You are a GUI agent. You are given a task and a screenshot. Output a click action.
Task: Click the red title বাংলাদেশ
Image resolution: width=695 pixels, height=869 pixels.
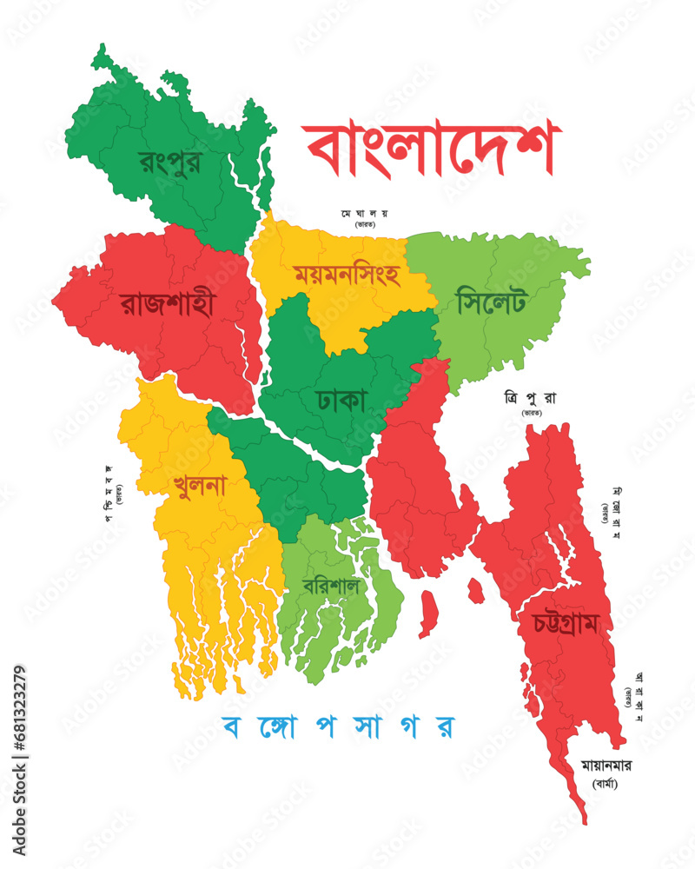coord(432,149)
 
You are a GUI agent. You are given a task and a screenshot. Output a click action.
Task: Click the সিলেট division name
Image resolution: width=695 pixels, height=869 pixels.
coord(491,303)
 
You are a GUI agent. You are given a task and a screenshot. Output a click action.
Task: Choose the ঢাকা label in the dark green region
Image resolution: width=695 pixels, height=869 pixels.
coord(343,401)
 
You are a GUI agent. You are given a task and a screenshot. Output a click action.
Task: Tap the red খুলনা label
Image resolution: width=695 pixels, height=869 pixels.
coord(199,484)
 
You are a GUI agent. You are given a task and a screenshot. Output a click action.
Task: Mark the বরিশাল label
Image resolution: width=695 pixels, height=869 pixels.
coord(331,585)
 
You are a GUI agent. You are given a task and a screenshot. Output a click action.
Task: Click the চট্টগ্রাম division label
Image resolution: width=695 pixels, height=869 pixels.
coord(566,625)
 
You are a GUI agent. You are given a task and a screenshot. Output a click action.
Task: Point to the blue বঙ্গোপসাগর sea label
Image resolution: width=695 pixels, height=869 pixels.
coord(339,726)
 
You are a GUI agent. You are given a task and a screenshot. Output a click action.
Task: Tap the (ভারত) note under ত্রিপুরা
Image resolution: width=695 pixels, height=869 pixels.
coord(532,414)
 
